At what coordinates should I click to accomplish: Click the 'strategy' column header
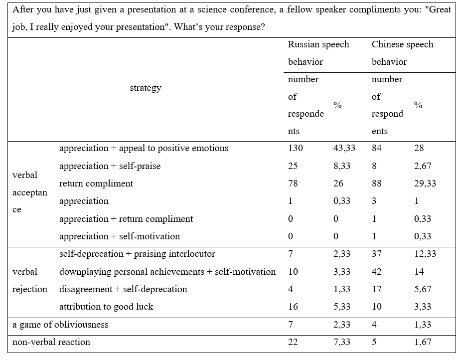coord(146,88)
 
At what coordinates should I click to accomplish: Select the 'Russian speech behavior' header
coord(318,53)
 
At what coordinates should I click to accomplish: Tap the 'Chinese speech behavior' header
coord(402,53)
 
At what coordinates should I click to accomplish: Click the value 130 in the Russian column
coord(296,148)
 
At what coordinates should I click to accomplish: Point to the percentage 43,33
coord(344,148)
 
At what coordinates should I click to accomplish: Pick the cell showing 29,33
coord(425,183)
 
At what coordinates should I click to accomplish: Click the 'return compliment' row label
coord(96,183)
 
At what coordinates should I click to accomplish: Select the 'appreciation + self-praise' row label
coord(110,166)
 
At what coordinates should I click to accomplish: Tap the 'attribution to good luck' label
coord(106,307)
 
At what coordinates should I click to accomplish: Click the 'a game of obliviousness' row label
coord(60,325)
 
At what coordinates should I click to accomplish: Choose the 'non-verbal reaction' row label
coord(51,342)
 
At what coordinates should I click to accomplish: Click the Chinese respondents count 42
coord(377,271)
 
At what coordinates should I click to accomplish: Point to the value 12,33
coord(425,254)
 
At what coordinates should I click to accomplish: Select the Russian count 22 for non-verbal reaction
coord(293,342)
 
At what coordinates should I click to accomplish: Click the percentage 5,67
coord(423,289)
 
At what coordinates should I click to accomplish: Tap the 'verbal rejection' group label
coord(30,280)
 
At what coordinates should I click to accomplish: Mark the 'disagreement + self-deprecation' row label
coord(123,289)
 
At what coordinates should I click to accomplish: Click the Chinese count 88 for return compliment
coord(377,183)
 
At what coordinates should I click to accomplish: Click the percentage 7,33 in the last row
coord(341,342)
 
